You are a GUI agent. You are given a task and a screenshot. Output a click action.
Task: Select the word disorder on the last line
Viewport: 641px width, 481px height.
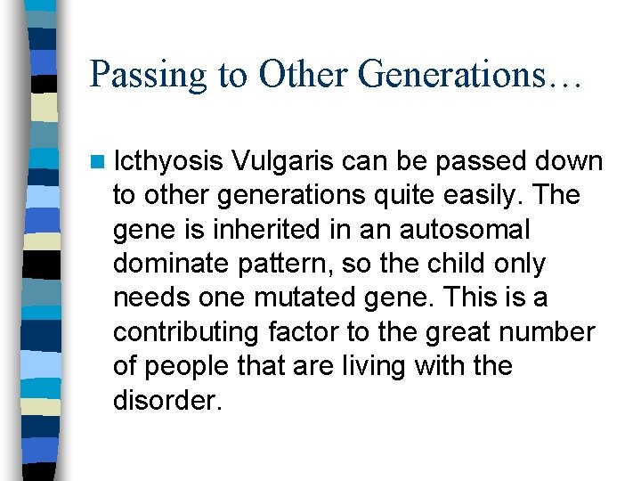click(x=166, y=399)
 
